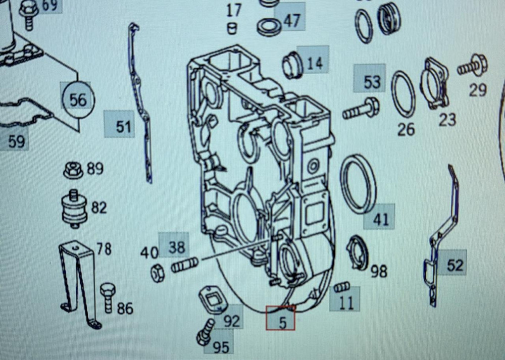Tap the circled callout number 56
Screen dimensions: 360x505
78,99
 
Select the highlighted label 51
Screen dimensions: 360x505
123,126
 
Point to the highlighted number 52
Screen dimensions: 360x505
454,265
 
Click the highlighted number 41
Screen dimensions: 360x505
381,219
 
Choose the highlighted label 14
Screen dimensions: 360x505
314,62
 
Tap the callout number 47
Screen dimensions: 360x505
291,20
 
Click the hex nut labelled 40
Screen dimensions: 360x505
157,273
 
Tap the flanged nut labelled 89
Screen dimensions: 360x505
74,170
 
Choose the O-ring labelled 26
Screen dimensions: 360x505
403,94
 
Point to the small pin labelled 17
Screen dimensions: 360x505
232,27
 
